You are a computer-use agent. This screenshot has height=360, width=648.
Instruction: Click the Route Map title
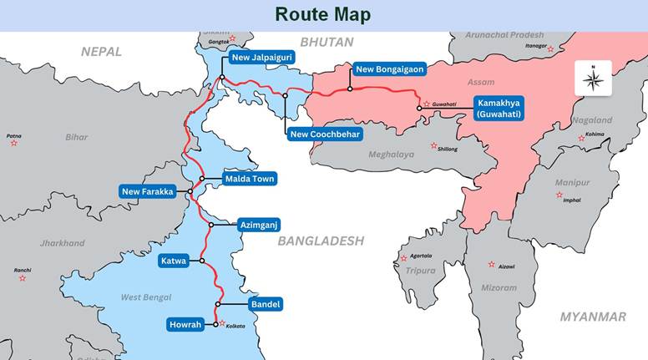click(323, 14)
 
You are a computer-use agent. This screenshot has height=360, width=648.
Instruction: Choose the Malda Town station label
click(250, 179)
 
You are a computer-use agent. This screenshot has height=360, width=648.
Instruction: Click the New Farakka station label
click(148, 192)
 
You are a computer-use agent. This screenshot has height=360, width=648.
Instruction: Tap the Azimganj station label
click(258, 225)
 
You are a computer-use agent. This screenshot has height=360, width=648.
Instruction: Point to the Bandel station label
click(266, 304)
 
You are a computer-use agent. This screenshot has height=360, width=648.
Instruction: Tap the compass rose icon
click(593, 79)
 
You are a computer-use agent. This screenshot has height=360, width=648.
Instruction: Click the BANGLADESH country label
click(321, 241)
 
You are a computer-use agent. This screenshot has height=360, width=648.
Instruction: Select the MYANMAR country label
click(593, 317)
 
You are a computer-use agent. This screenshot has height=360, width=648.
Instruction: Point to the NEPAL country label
click(101, 52)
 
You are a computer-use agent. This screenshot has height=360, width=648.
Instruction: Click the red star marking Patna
click(13, 144)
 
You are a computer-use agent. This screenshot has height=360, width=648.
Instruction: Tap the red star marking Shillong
click(433, 145)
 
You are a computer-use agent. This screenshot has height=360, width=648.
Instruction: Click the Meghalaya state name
click(392, 155)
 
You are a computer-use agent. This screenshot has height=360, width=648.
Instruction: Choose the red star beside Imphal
click(559, 195)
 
